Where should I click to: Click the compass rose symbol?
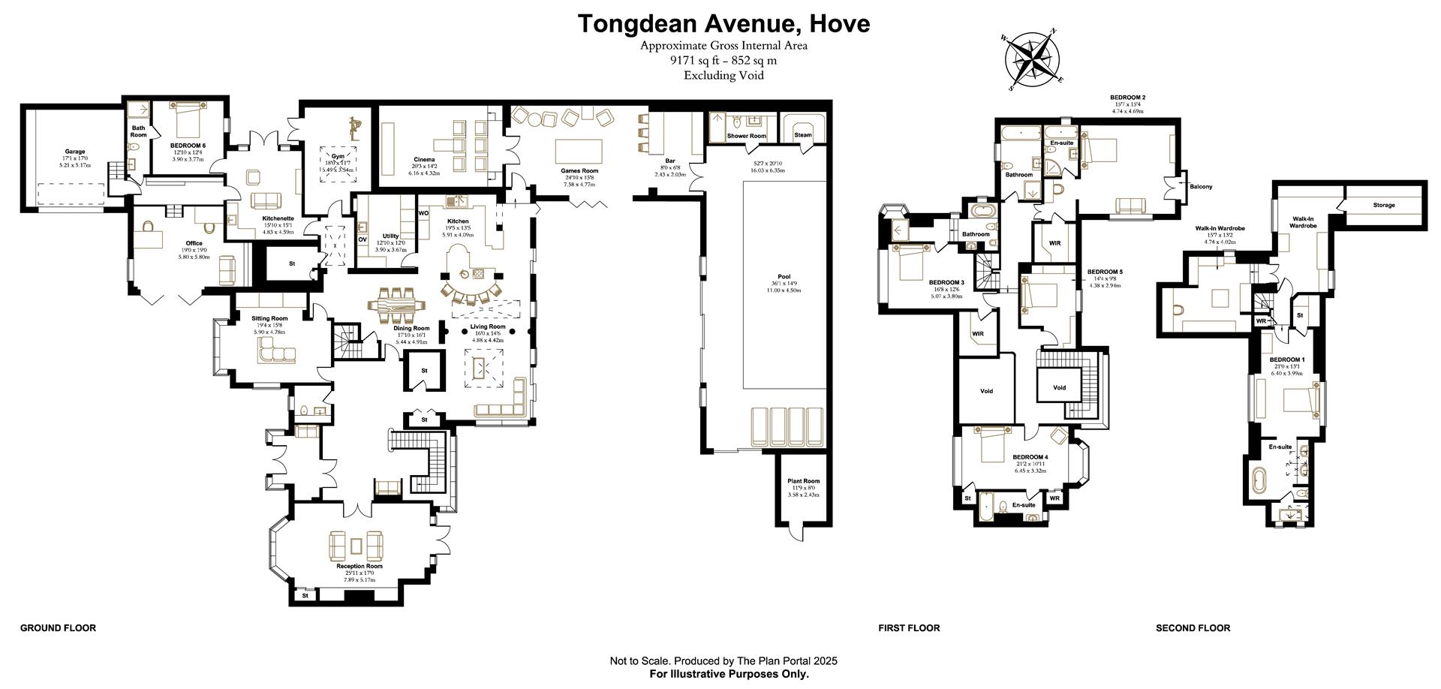tap(1033, 58)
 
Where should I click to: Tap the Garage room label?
tap(74, 152)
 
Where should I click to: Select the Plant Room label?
tap(804, 481)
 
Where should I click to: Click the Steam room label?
tap(802, 135)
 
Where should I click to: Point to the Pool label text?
tap(784, 277)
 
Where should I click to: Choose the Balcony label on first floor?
tap(1200, 187)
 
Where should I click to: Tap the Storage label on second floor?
tap(1384, 205)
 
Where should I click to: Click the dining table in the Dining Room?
tap(396, 307)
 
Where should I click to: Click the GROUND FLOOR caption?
tap(58, 628)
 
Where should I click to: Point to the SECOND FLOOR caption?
tap(1193, 628)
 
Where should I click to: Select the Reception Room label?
tap(359, 566)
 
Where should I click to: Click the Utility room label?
tap(390, 236)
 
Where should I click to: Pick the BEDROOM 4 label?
tap(1030, 457)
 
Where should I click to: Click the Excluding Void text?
tap(724, 75)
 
